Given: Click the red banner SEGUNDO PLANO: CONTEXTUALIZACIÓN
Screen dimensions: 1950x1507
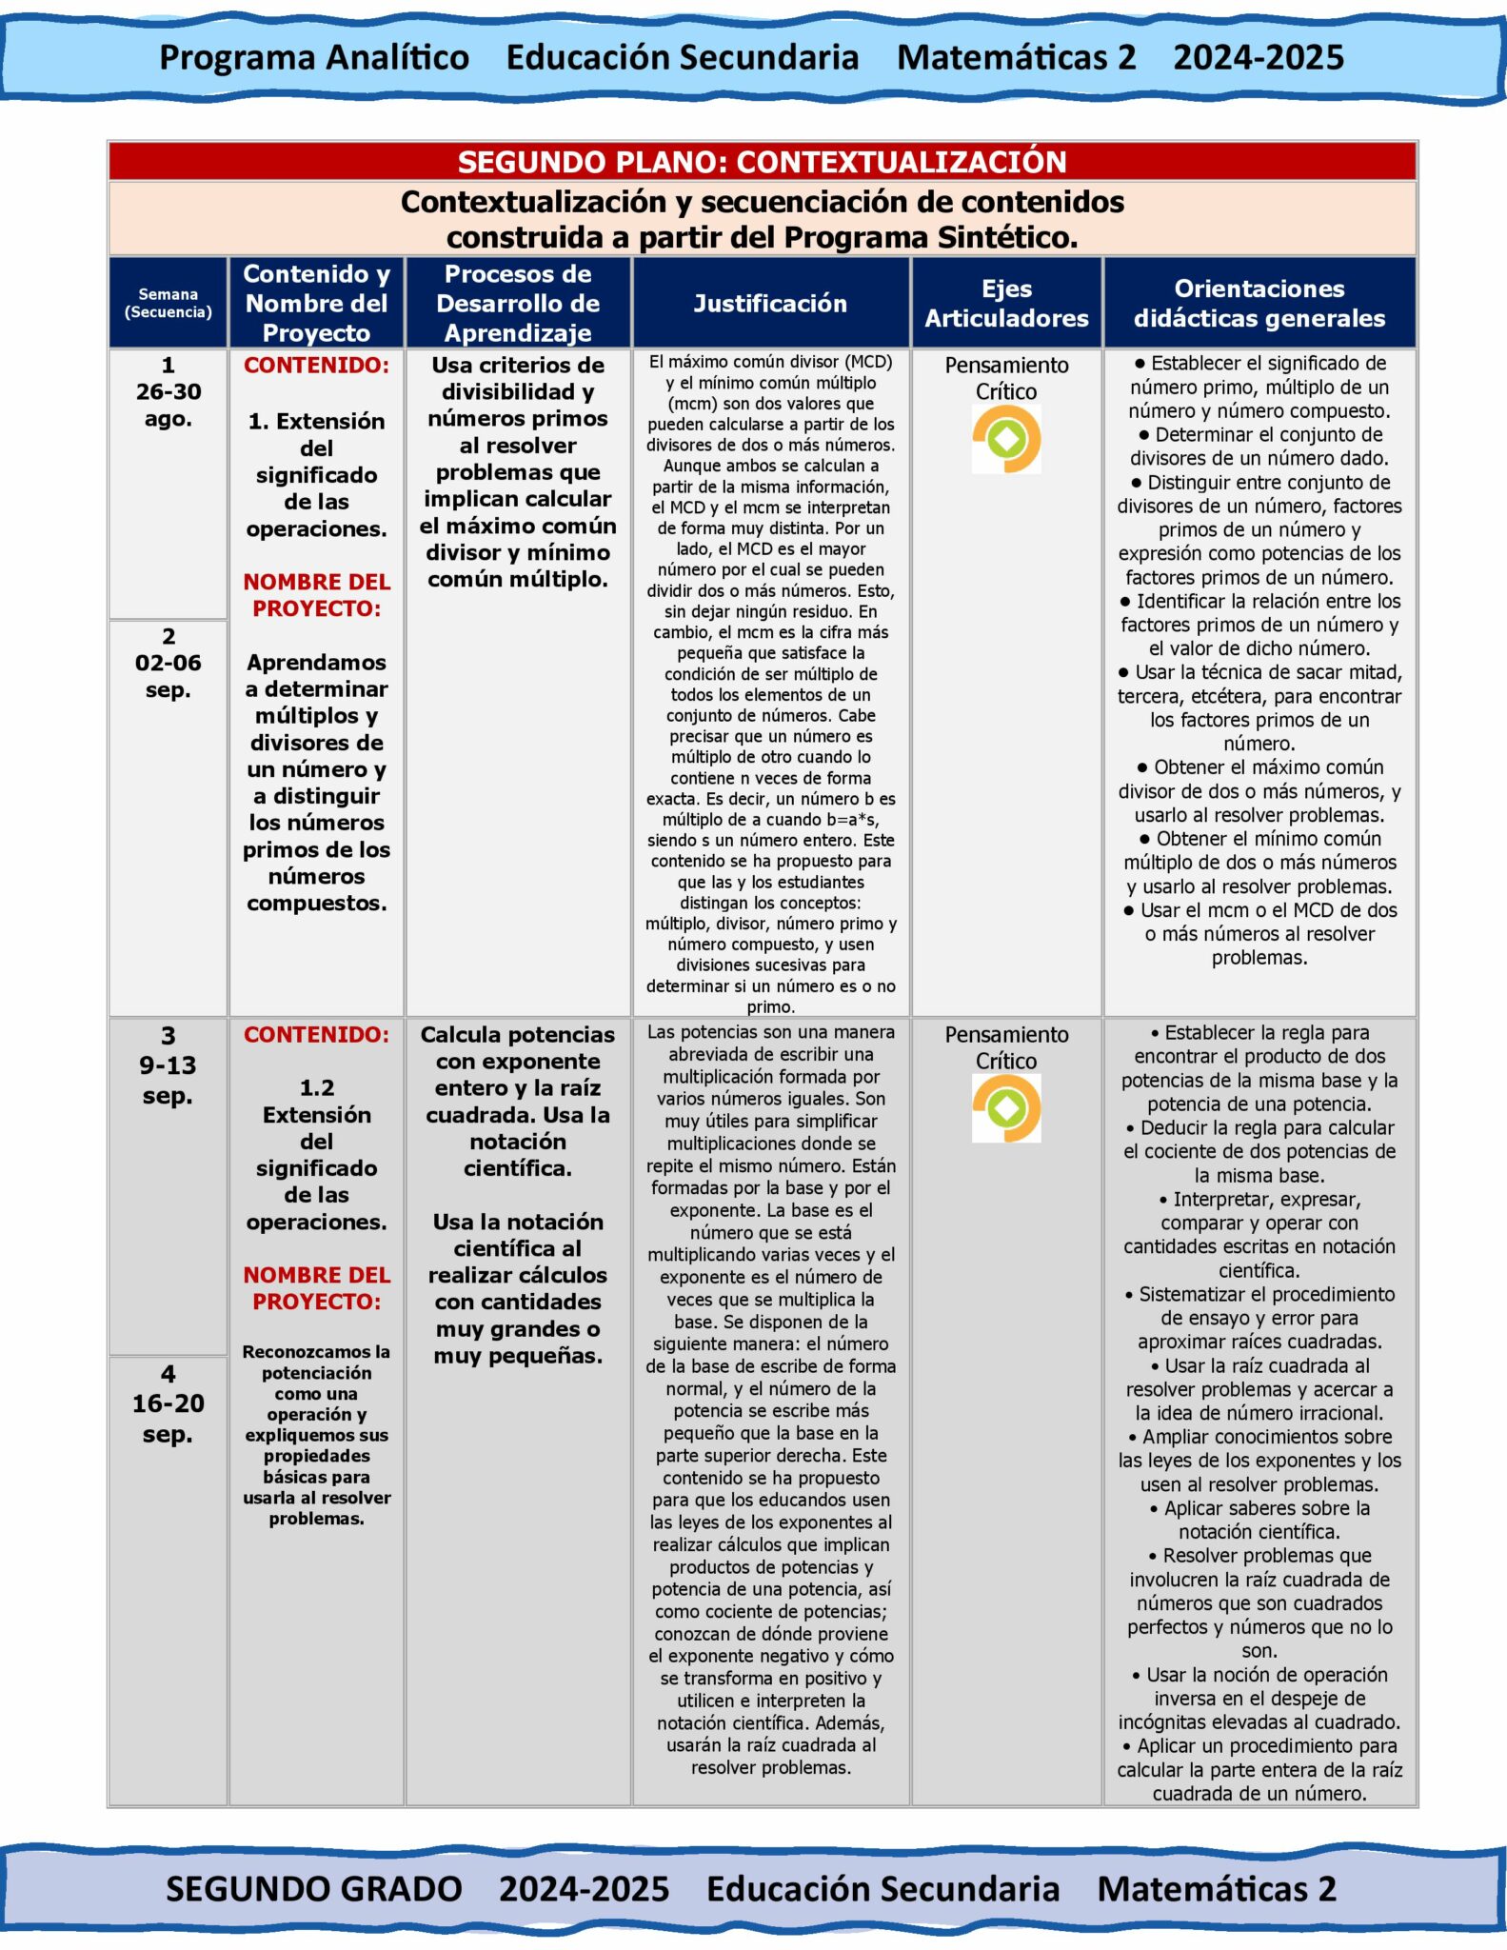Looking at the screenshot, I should [762, 162].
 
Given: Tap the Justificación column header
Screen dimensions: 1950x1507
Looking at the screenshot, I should [769, 304].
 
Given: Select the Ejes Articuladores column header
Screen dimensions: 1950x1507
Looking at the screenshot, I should [1006, 304].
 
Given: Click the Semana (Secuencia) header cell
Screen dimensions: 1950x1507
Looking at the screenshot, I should [168, 304].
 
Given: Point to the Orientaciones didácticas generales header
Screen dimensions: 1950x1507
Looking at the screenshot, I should [1259, 304].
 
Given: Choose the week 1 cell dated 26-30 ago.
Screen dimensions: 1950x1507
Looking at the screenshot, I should [168, 391].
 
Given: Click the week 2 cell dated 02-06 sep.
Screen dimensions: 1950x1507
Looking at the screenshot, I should [168, 663].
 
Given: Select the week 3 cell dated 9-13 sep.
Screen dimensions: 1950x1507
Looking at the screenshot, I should [168, 1065].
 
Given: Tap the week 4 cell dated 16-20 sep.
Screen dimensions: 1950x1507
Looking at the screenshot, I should [168, 1403].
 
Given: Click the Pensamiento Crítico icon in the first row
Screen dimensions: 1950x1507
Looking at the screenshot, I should [1006, 439].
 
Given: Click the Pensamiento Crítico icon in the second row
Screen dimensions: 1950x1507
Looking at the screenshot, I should [1006, 1108].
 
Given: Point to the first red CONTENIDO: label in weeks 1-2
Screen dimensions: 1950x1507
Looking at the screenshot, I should [316, 366].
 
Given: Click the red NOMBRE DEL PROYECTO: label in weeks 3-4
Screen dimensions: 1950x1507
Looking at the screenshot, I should [316, 1288].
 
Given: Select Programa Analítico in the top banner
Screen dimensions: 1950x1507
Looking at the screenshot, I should [314, 58].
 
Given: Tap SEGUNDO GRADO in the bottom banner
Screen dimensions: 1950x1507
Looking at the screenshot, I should [314, 1889].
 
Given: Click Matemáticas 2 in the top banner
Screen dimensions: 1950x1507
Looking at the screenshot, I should [1016, 58].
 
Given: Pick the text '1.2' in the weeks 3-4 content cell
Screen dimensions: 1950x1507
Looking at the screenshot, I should [316, 1088].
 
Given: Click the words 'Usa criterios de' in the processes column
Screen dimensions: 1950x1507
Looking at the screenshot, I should [518, 366].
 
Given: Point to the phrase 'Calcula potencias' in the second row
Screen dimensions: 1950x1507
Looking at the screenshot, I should [518, 1035].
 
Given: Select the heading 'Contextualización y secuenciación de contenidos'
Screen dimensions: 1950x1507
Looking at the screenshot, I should [762, 203].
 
